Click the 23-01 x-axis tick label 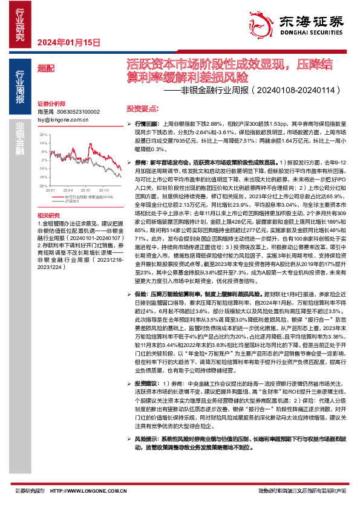(x=51, y=189)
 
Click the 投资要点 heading (x=142, y=108)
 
